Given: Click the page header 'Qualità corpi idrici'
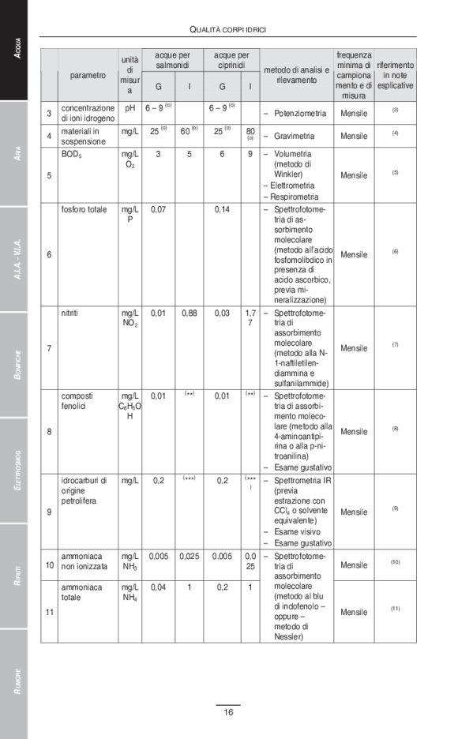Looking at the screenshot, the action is (227, 29).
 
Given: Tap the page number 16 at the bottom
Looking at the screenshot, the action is (227, 712).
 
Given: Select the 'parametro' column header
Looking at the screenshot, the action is (87, 76).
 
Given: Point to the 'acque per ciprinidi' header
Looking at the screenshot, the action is (231, 60).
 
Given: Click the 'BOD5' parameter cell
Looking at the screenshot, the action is (72, 154).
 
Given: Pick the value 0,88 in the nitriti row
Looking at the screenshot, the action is (189, 313).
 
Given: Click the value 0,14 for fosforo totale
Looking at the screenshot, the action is (223, 210).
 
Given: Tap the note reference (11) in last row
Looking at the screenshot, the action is (395, 608).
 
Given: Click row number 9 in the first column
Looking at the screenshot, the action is (49, 512).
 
